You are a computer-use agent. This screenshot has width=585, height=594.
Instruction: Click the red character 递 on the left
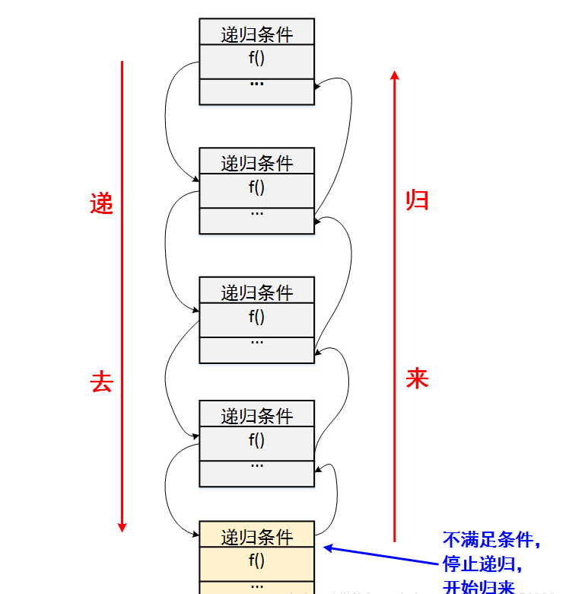point(101,204)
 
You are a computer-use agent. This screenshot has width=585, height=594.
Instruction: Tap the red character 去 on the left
point(101,382)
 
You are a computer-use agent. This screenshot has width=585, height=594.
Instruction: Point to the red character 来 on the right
point(417,378)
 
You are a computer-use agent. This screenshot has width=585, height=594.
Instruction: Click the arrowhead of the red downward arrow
point(122,526)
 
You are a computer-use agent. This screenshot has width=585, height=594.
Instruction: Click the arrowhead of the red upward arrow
point(394,75)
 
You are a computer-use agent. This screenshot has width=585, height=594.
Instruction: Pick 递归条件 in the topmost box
point(256,34)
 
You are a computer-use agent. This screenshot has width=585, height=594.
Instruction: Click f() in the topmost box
point(256,58)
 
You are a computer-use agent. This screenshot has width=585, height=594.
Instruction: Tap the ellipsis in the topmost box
point(256,81)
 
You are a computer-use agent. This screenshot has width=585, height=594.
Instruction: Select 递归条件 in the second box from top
point(256,164)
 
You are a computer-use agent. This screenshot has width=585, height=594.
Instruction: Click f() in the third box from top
point(256,317)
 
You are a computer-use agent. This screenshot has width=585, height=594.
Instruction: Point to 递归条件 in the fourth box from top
point(256,416)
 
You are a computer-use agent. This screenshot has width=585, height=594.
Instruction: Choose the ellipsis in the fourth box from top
point(256,465)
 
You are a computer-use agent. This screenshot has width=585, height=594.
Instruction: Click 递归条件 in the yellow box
point(256,538)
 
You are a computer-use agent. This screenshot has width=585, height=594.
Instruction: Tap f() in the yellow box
point(256,561)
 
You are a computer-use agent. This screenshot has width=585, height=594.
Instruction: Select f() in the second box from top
point(256,187)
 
